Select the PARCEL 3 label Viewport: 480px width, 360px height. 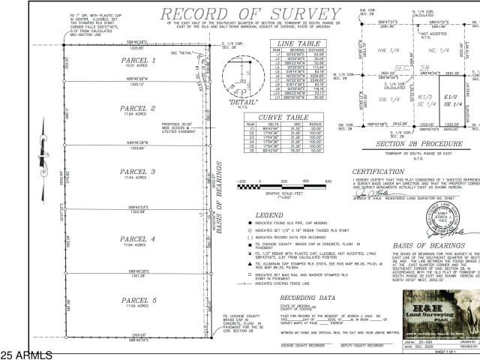pos(136,171)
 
